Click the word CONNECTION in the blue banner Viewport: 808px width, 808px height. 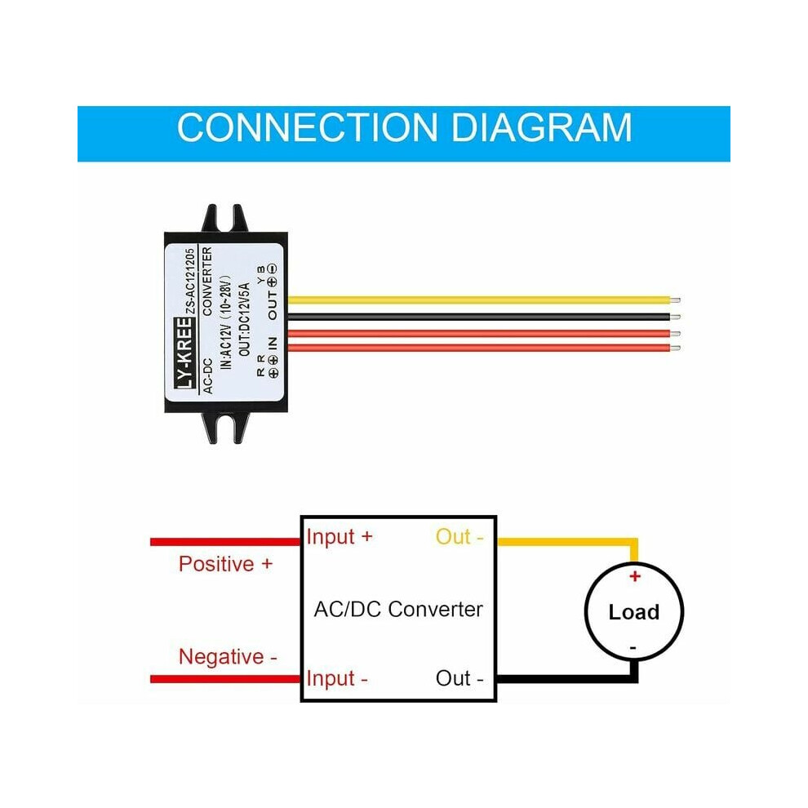[308, 127]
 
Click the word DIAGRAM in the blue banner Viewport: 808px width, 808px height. [541, 127]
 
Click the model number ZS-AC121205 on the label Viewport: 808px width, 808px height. [190, 282]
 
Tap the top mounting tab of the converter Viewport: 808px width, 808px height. [224, 219]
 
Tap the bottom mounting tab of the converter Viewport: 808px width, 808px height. [224, 428]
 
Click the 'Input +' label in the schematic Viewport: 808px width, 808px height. [339, 537]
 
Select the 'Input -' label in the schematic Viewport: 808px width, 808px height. [337, 679]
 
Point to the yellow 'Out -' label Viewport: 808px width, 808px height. [459, 537]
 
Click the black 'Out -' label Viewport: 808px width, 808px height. [459, 678]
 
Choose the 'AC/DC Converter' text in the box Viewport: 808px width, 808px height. [398, 609]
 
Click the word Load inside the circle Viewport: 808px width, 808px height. [634, 612]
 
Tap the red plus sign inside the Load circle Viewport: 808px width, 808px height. [635, 576]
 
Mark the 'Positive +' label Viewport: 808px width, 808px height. [226, 564]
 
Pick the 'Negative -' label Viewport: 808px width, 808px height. [228, 657]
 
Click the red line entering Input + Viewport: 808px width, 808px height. [225, 542]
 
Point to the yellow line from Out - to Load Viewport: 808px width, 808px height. [567, 542]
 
